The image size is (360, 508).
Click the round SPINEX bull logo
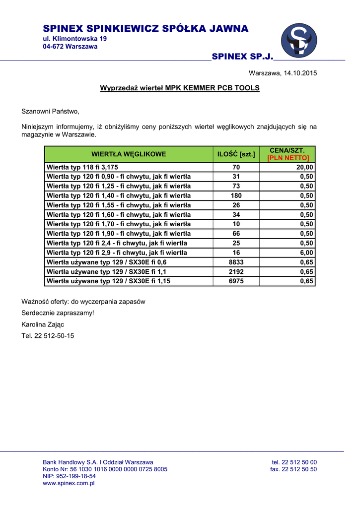(x=299, y=40)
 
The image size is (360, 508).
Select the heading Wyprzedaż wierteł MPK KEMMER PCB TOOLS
(x=180, y=88)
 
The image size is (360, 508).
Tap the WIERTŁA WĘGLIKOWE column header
(x=129, y=154)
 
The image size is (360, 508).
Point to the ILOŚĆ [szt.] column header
(x=236, y=154)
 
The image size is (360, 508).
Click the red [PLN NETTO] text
(x=288, y=158)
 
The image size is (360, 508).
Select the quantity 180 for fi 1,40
(x=236, y=195)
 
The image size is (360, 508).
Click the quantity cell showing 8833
(x=236, y=262)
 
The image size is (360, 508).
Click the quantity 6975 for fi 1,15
(x=236, y=281)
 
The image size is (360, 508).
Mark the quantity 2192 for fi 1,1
(x=236, y=272)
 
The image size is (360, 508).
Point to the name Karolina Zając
(x=43, y=324)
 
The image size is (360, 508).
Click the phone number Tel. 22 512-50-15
(x=48, y=336)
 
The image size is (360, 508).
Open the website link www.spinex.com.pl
(x=69, y=483)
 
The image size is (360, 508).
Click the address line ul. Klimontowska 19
(x=74, y=39)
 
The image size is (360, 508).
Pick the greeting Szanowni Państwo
(x=50, y=111)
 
